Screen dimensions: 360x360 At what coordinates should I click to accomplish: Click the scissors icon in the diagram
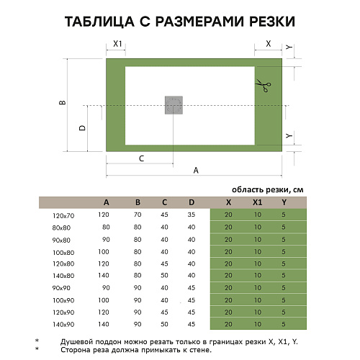[x=264, y=88]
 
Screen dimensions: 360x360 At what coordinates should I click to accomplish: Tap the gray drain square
[x=174, y=104]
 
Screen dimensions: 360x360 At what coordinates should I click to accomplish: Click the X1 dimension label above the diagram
[x=116, y=44]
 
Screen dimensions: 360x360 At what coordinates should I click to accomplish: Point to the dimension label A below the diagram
[x=196, y=170]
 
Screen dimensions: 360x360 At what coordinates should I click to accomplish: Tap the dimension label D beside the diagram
[x=82, y=127]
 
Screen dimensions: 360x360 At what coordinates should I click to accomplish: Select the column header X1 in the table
[x=257, y=202]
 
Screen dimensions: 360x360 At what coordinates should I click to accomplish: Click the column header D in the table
[x=191, y=202]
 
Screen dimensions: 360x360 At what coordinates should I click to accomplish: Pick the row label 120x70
[x=63, y=215]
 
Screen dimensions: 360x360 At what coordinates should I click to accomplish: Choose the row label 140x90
[x=63, y=325]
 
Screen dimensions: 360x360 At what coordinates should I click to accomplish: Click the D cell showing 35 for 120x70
[x=191, y=215]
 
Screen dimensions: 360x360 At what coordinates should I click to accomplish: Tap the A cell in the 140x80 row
[x=105, y=276]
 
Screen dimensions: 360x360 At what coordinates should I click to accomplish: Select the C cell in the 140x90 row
[x=165, y=325]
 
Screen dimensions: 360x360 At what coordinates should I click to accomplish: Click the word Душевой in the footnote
[x=86, y=341]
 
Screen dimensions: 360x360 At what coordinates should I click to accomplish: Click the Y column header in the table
[x=284, y=202]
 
